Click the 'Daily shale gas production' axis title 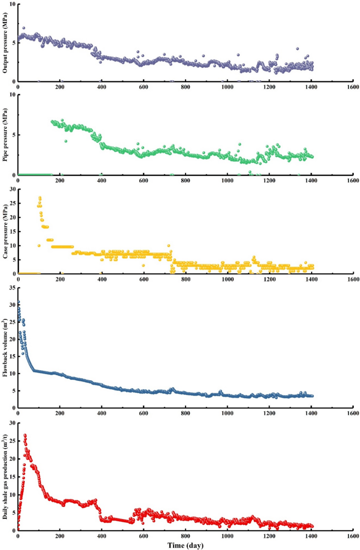6,475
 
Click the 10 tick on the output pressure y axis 12,4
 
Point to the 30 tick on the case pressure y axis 12,189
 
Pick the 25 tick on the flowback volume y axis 12,322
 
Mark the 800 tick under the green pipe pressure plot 185,181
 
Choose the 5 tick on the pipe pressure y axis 13,134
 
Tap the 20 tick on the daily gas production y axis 12,459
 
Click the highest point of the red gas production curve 25,435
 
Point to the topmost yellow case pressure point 40,198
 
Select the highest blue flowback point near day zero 18,302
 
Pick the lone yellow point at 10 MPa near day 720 169,245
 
